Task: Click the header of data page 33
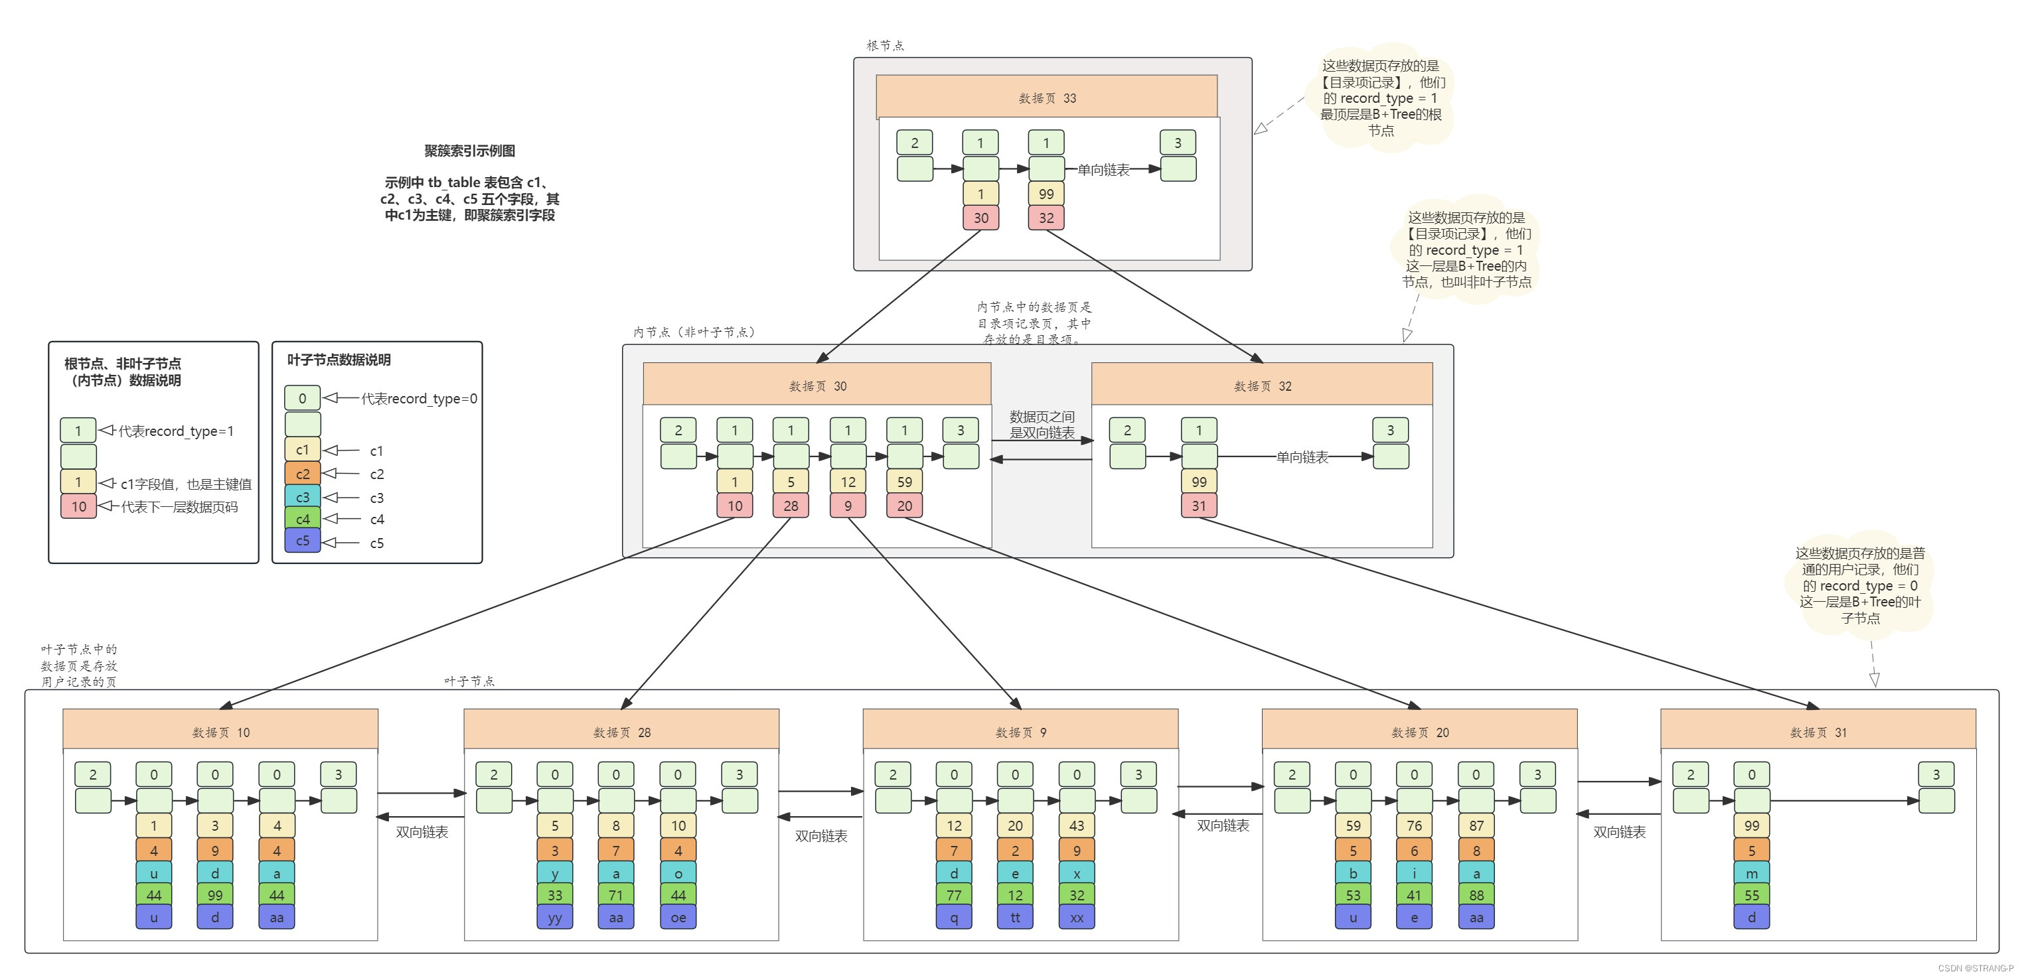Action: [1047, 98]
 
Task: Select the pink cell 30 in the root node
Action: [980, 218]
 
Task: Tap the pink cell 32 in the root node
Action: [1046, 218]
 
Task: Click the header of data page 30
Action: [817, 385]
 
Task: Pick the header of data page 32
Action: [1262, 385]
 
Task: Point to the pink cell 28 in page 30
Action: [791, 506]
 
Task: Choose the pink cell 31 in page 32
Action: [1198, 506]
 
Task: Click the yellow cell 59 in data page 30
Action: [904, 482]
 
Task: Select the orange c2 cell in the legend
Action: [303, 474]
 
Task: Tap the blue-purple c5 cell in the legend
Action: [303, 541]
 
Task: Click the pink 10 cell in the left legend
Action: [78, 507]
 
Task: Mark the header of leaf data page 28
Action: [621, 731]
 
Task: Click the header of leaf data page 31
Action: [1818, 731]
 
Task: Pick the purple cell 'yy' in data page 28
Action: [555, 918]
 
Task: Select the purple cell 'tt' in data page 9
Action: [1015, 918]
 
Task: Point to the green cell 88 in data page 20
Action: [1476, 895]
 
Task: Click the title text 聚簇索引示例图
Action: [470, 151]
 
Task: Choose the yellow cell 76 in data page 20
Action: [1415, 825]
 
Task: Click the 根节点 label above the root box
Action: [885, 46]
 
